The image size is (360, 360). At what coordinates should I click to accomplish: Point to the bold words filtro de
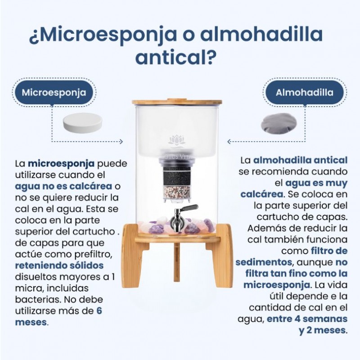click(x=328, y=251)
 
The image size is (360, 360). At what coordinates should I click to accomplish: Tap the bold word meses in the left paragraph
click(x=31, y=322)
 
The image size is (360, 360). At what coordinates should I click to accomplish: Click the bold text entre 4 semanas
click(x=307, y=319)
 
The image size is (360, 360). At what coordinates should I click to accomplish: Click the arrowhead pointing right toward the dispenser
click(x=120, y=141)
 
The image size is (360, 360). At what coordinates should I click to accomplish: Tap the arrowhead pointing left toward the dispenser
click(x=229, y=141)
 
